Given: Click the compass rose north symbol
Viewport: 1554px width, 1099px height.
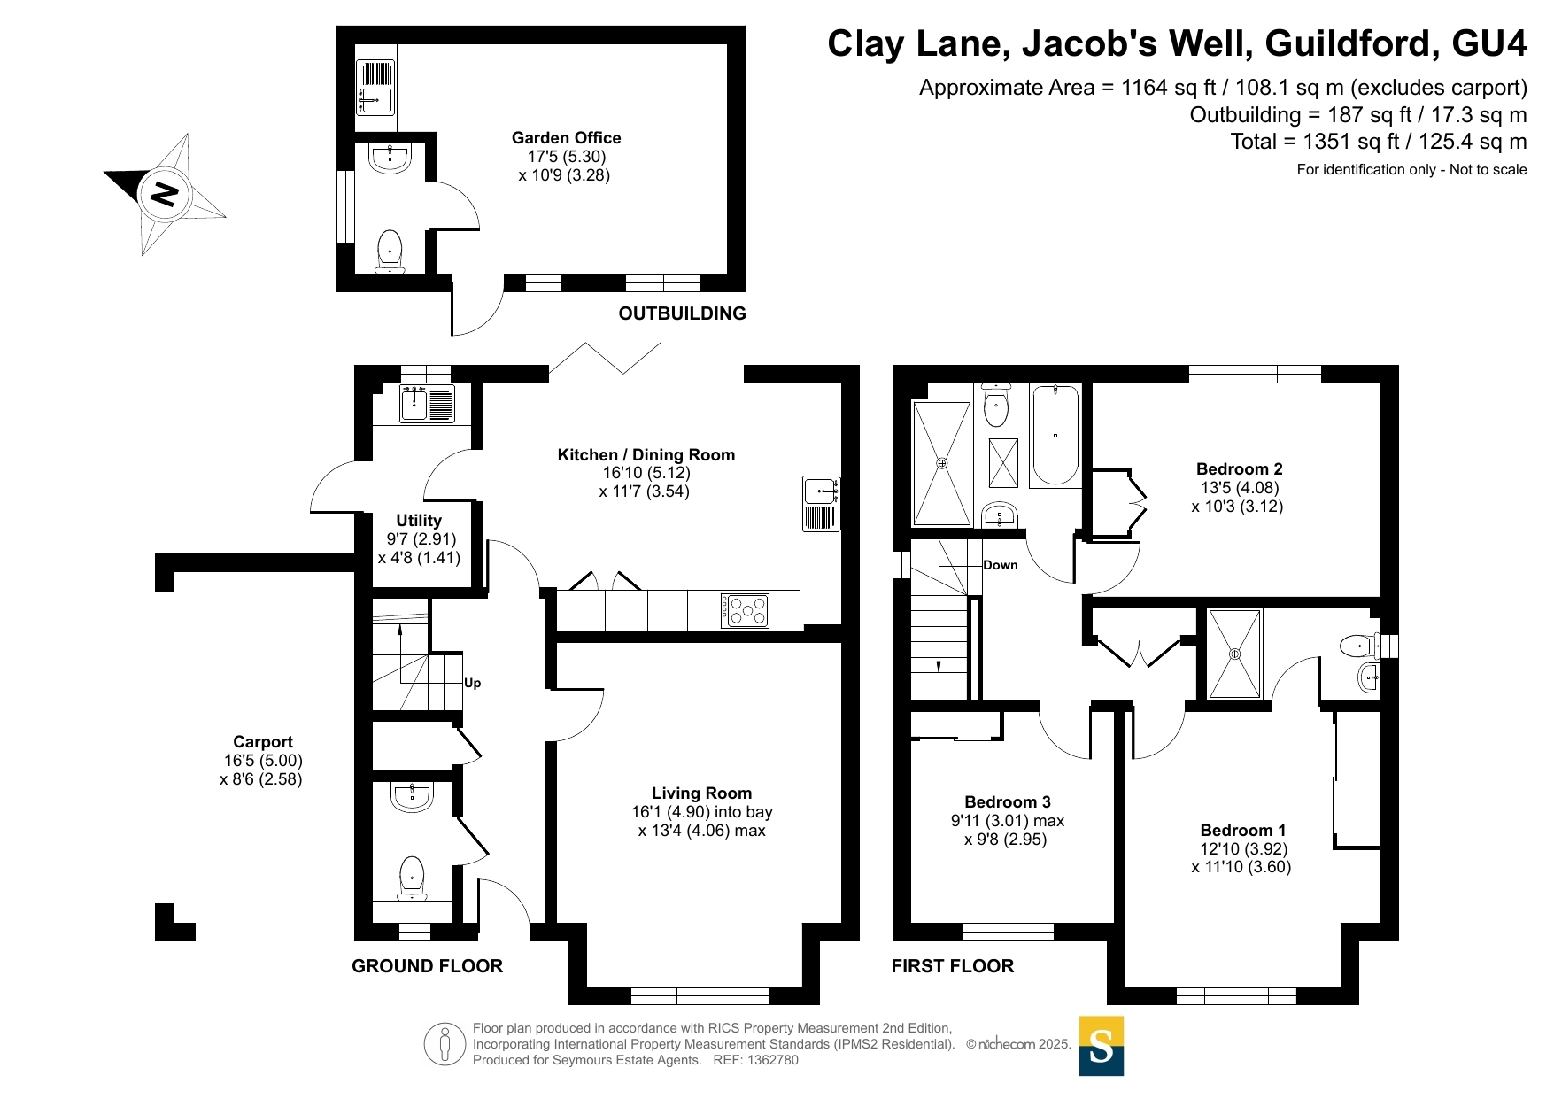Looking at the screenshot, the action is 165,194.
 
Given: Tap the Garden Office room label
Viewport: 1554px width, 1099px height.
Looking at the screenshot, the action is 566,138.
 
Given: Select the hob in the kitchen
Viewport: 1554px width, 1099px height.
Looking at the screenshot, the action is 745,610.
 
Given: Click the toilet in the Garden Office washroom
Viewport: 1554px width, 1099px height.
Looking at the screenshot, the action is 390,252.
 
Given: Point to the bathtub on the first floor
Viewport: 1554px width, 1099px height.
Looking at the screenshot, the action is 1055,435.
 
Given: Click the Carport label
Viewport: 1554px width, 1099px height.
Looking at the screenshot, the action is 263,742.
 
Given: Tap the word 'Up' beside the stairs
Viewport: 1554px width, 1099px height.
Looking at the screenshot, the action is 473,683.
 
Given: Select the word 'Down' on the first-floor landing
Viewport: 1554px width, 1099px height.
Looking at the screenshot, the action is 1001,565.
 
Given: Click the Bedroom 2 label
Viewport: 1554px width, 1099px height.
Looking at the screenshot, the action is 1239,469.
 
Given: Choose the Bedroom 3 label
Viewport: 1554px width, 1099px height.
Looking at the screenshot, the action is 1008,802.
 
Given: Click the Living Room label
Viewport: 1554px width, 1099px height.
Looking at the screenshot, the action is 701,793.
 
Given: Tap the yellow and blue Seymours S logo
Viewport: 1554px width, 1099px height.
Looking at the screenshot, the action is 1102,1046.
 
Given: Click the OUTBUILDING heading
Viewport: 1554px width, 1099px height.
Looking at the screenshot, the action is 682,313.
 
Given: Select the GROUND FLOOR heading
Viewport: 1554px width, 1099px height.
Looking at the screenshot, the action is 427,966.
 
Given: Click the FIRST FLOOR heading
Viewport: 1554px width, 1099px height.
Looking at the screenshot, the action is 953,966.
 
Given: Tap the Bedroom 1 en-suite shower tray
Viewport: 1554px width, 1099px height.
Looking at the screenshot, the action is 1234,654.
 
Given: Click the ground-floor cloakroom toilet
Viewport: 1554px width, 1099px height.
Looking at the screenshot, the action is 412,878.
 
